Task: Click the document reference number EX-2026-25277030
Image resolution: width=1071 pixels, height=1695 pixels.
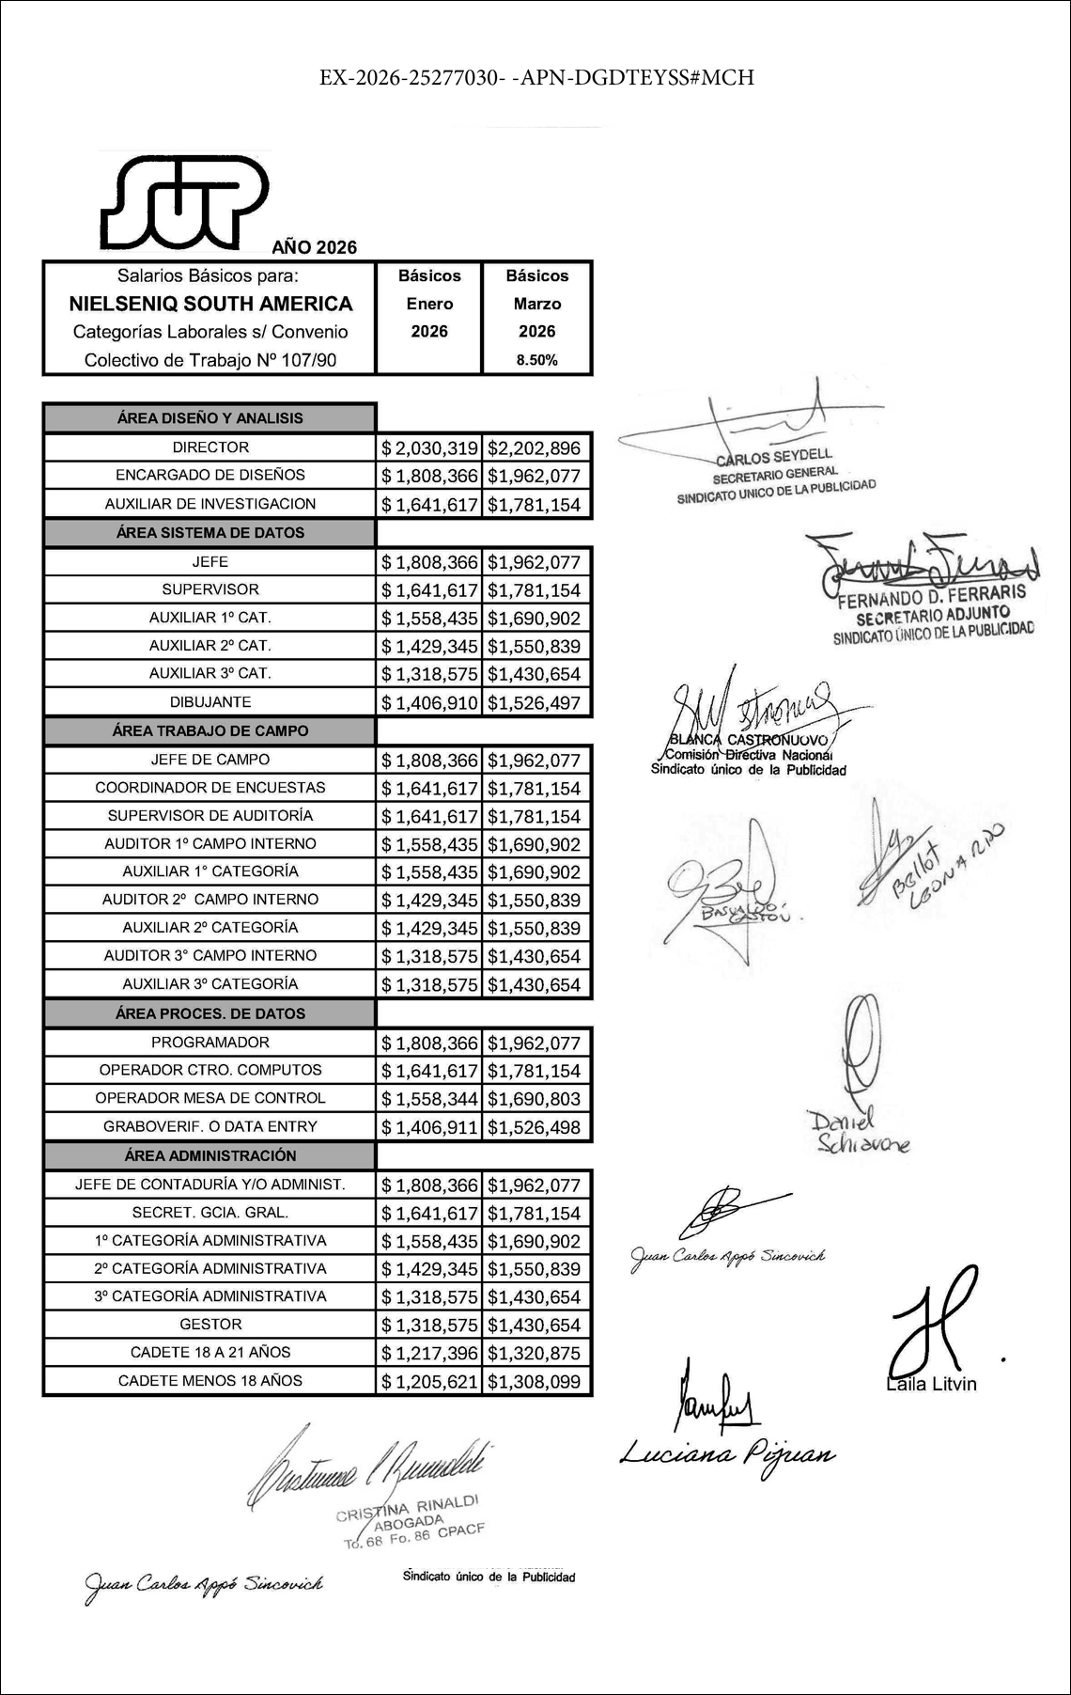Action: point(413,77)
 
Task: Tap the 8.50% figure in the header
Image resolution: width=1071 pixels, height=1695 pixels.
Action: point(536,360)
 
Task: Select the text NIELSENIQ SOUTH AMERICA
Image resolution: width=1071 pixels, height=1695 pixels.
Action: point(210,304)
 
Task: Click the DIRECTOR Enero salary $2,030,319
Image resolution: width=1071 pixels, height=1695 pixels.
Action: point(429,448)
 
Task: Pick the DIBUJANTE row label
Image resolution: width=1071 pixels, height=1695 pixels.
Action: point(210,702)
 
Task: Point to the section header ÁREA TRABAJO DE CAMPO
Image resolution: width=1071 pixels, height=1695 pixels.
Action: point(210,730)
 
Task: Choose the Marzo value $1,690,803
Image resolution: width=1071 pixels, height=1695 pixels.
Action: point(535,1099)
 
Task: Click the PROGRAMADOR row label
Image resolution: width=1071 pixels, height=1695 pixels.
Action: point(210,1043)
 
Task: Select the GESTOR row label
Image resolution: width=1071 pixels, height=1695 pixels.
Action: point(210,1325)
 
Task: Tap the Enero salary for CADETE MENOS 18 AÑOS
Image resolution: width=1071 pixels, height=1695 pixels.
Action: point(429,1382)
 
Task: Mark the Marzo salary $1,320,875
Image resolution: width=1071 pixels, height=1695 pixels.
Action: point(535,1354)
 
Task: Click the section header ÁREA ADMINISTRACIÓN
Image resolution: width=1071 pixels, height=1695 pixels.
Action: point(210,1155)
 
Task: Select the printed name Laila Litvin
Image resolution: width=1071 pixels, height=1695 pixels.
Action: point(931,1384)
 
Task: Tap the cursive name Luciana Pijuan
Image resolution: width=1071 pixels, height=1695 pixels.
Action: point(726,1454)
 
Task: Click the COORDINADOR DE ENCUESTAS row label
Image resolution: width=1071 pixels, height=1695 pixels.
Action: point(210,788)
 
